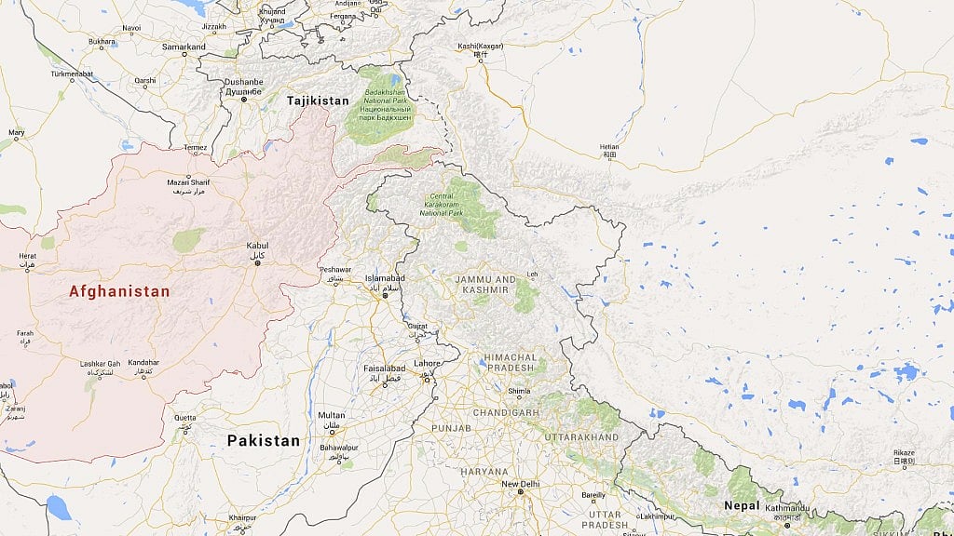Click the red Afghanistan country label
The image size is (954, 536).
(x=119, y=291)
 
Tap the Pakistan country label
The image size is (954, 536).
(x=264, y=440)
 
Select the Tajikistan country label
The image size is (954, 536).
(x=318, y=100)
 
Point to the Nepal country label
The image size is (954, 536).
(x=742, y=505)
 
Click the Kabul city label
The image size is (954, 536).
(x=256, y=246)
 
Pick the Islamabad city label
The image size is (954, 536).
(x=385, y=278)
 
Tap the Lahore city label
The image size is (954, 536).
(x=427, y=363)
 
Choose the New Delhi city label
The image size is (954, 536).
(x=521, y=484)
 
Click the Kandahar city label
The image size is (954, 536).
(x=143, y=362)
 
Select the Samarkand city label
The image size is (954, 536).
(x=184, y=47)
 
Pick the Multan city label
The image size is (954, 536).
(x=331, y=415)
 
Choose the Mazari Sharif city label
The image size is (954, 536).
(x=188, y=181)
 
